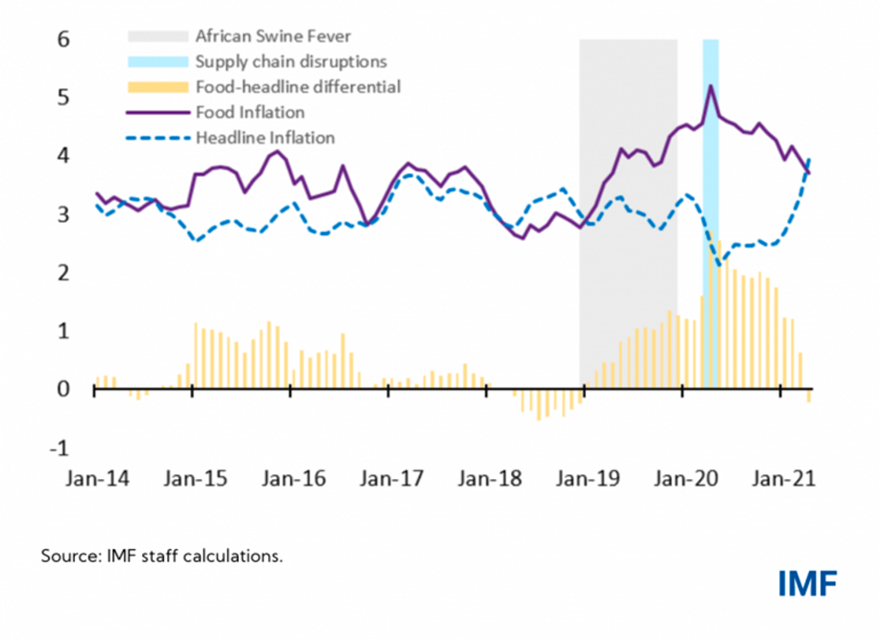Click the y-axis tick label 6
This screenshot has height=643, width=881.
(x=63, y=40)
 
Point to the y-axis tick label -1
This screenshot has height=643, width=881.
(x=59, y=448)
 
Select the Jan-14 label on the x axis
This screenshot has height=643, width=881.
(x=97, y=478)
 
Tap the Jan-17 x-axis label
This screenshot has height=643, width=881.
(x=391, y=478)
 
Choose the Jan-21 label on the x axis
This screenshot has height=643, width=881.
(x=783, y=478)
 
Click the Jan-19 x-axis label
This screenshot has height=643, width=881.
(x=588, y=478)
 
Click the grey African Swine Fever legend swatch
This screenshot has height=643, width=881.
(x=158, y=36)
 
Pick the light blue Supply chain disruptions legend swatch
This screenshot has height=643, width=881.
(x=158, y=61)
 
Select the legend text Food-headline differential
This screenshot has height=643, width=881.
(x=298, y=87)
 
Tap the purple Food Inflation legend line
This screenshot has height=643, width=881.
(x=158, y=112)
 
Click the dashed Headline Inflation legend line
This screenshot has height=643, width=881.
(x=158, y=137)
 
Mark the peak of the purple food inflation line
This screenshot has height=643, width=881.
(x=710, y=86)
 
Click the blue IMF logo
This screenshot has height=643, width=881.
(x=807, y=584)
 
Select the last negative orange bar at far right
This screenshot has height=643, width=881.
(x=809, y=395)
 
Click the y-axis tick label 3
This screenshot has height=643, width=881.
(x=63, y=215)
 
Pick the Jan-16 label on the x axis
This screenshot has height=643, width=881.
(x=293, y=478)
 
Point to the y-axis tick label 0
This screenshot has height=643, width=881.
(x=63, y=389)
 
